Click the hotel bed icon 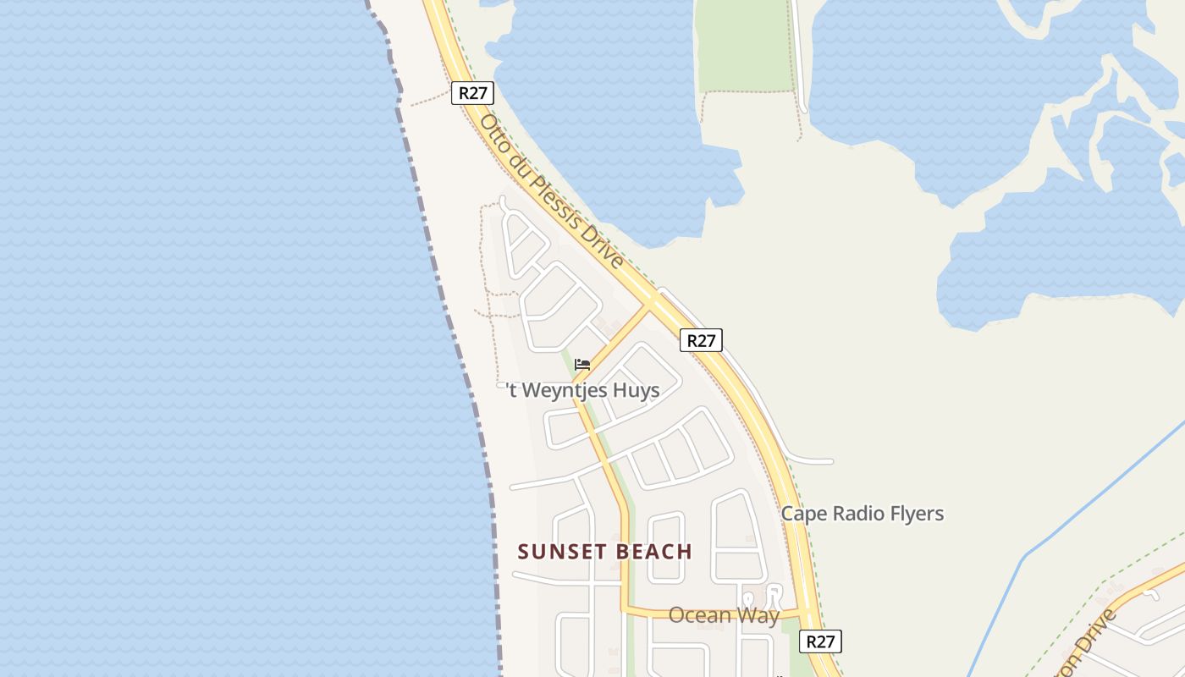coord(582,365)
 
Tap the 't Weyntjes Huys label coord(582,390)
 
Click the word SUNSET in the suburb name coord(558,552)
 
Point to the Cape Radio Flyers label coord(862,514)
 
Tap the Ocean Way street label coord(724,615)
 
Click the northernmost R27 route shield coord(472,93)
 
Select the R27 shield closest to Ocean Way coord(820,641)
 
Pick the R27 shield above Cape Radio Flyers coord(701,340)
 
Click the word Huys coord(638,390)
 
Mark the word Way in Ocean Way coord(758,615)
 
